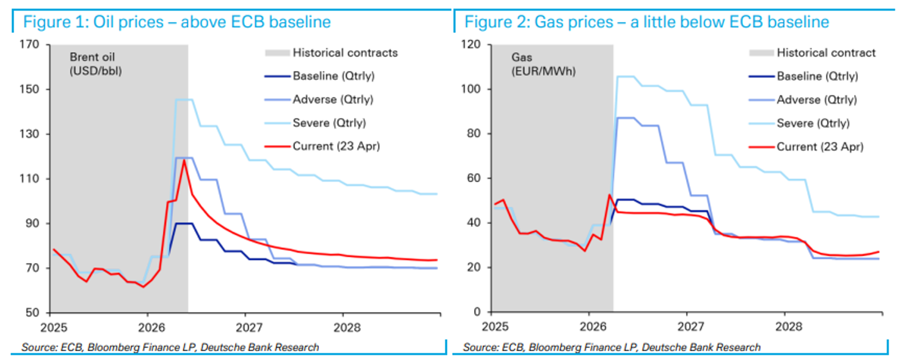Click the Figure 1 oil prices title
pos(177,23)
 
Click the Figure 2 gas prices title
pos(647,23)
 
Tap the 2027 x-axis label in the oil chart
pos(245,328)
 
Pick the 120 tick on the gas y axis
pos(472,44)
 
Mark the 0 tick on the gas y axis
pos(478,312)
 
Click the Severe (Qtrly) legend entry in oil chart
pos(329,123)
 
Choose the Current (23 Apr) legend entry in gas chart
pos(820,147)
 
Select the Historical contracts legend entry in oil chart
pos(345,53)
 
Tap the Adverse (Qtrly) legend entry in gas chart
pos(816,100)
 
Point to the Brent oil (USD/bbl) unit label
pos(92,64)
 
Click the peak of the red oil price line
pos(185,160)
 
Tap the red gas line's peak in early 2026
pos(609,195)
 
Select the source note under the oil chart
pos(170,347)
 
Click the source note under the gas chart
pos(612,347)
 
